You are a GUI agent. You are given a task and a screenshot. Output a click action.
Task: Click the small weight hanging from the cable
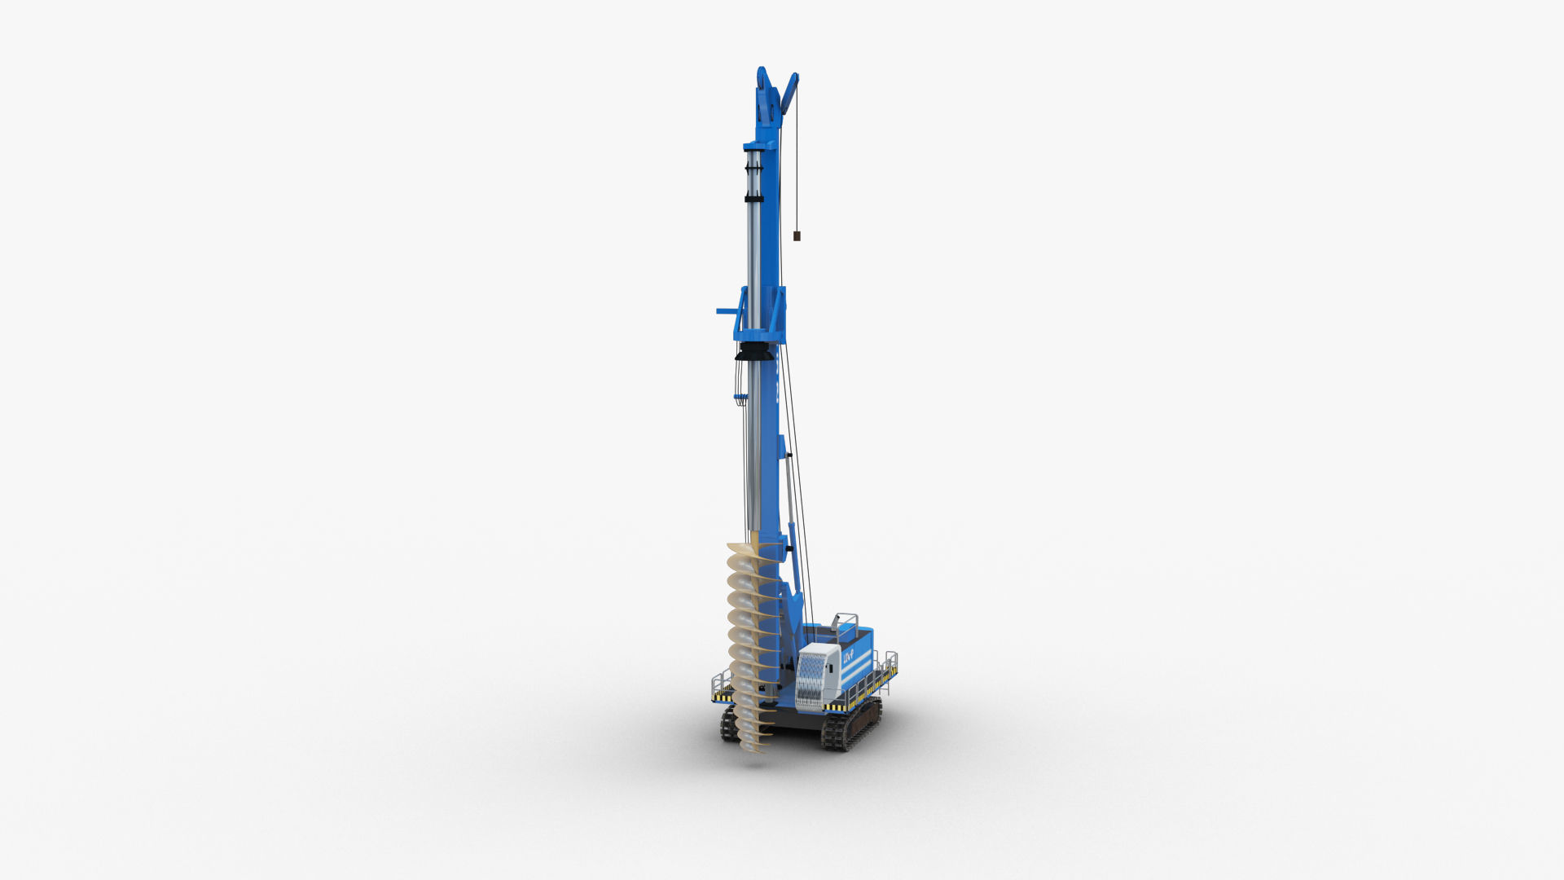point(797,236)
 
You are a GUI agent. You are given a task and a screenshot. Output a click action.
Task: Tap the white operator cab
point(818,672)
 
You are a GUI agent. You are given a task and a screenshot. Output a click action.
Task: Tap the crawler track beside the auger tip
point(727,724)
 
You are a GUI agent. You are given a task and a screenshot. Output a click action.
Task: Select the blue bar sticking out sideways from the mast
point(726,310)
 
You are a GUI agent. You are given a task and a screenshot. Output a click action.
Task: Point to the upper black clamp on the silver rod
point(752,168)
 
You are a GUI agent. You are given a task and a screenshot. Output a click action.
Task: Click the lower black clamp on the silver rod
point(752,198)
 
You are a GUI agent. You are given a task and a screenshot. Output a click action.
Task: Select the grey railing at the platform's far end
point(887,664)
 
